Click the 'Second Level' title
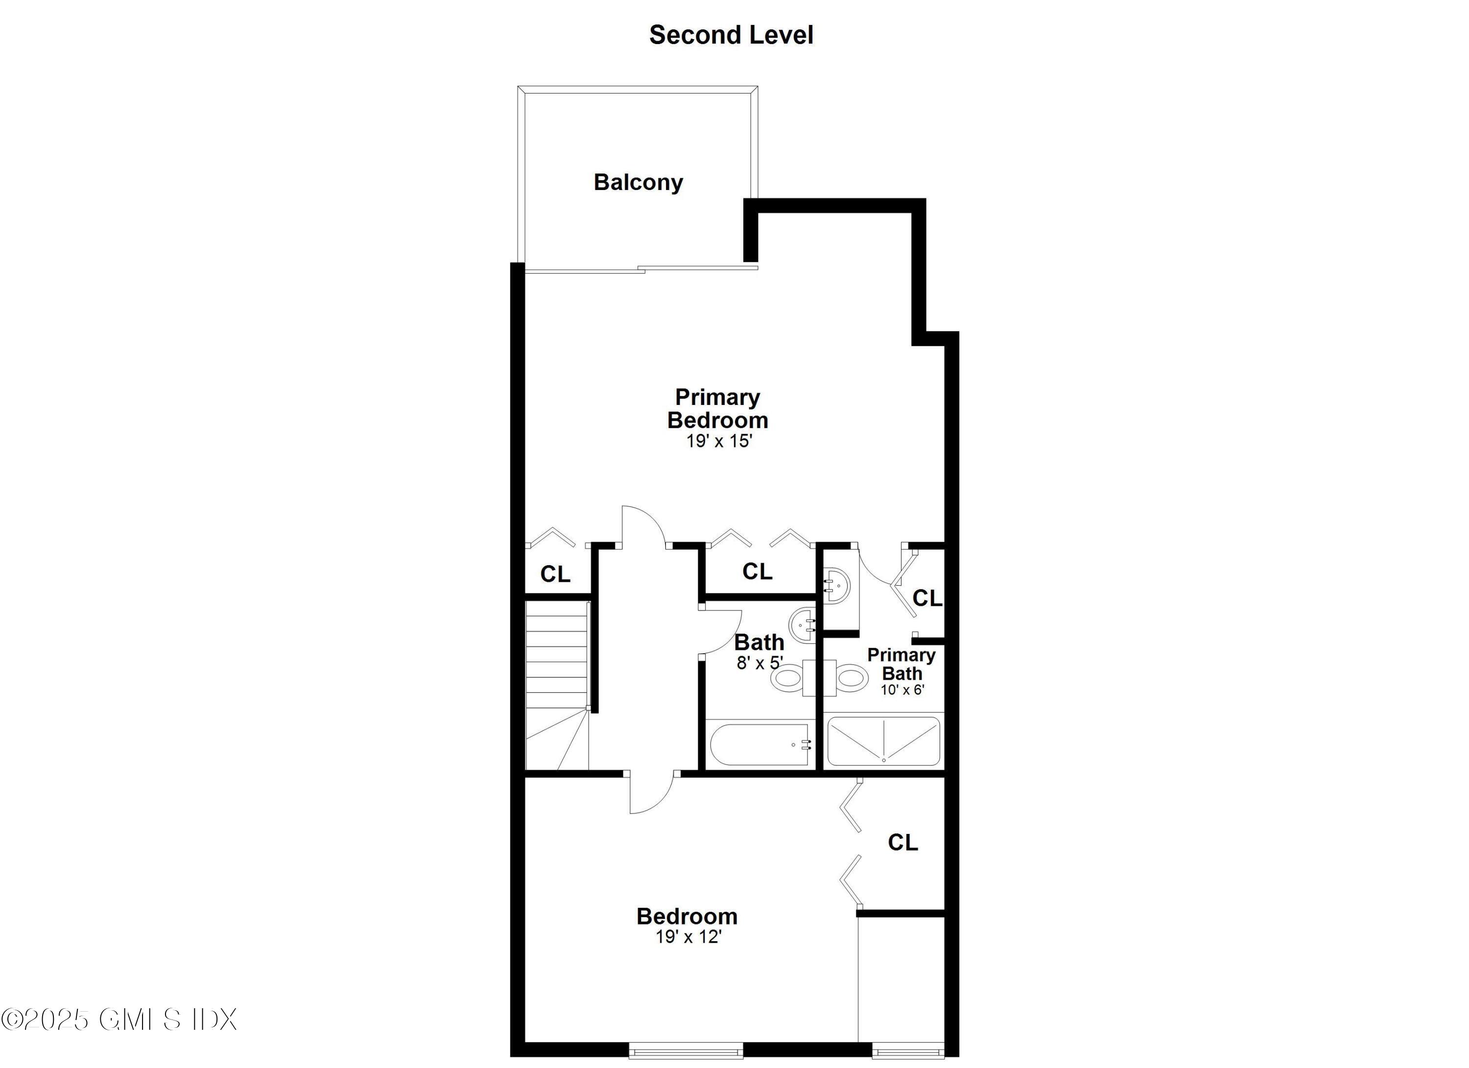(731, 35)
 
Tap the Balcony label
(638, 182)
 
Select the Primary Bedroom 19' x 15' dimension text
(719, 441)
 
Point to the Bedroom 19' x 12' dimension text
(688, 937)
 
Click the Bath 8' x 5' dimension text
(759, 663)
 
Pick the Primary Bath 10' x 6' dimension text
(901, 690)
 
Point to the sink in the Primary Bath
(835, 586)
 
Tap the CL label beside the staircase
(555, 574)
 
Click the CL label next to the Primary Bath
(927, 598)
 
